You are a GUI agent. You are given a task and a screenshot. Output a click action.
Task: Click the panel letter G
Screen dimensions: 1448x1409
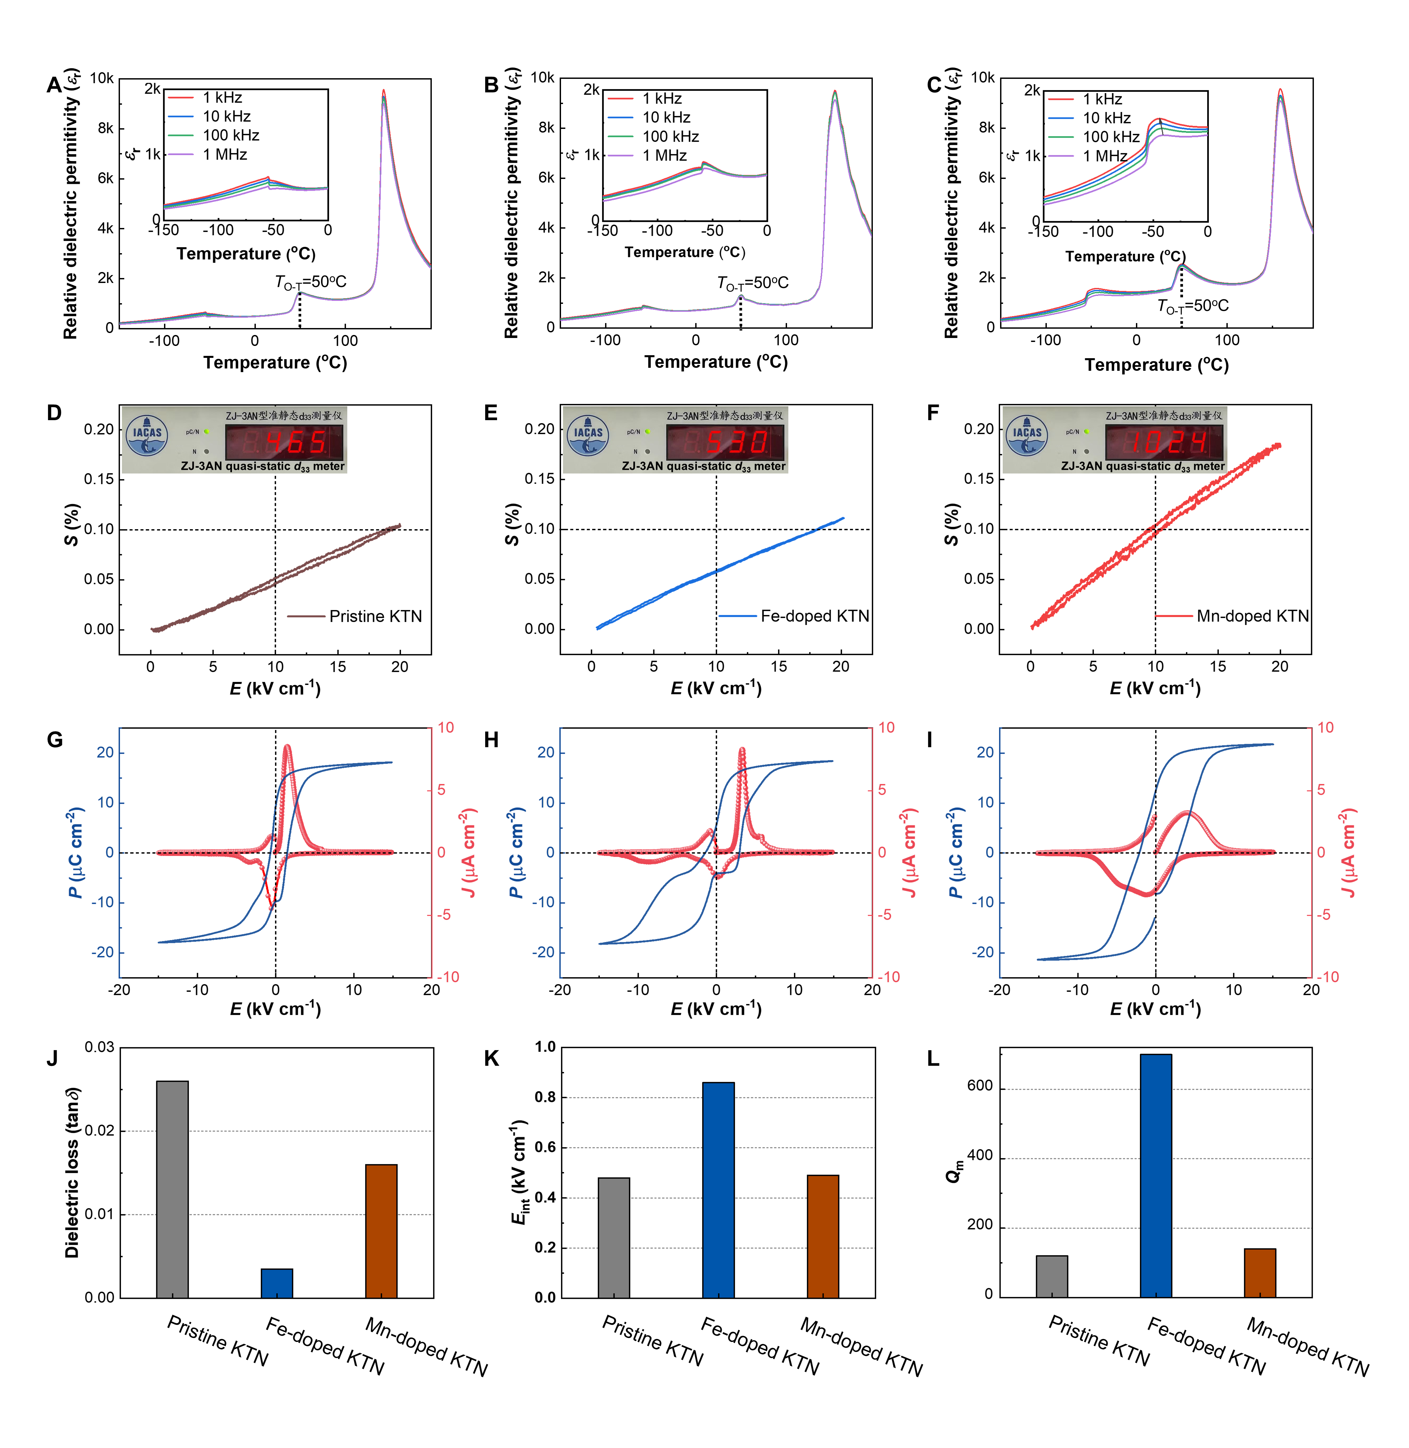pos(55,740)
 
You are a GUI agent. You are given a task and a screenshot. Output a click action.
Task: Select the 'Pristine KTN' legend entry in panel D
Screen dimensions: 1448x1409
pos(355,616)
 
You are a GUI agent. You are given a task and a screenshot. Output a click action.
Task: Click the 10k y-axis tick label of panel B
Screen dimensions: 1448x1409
pos(542,78)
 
